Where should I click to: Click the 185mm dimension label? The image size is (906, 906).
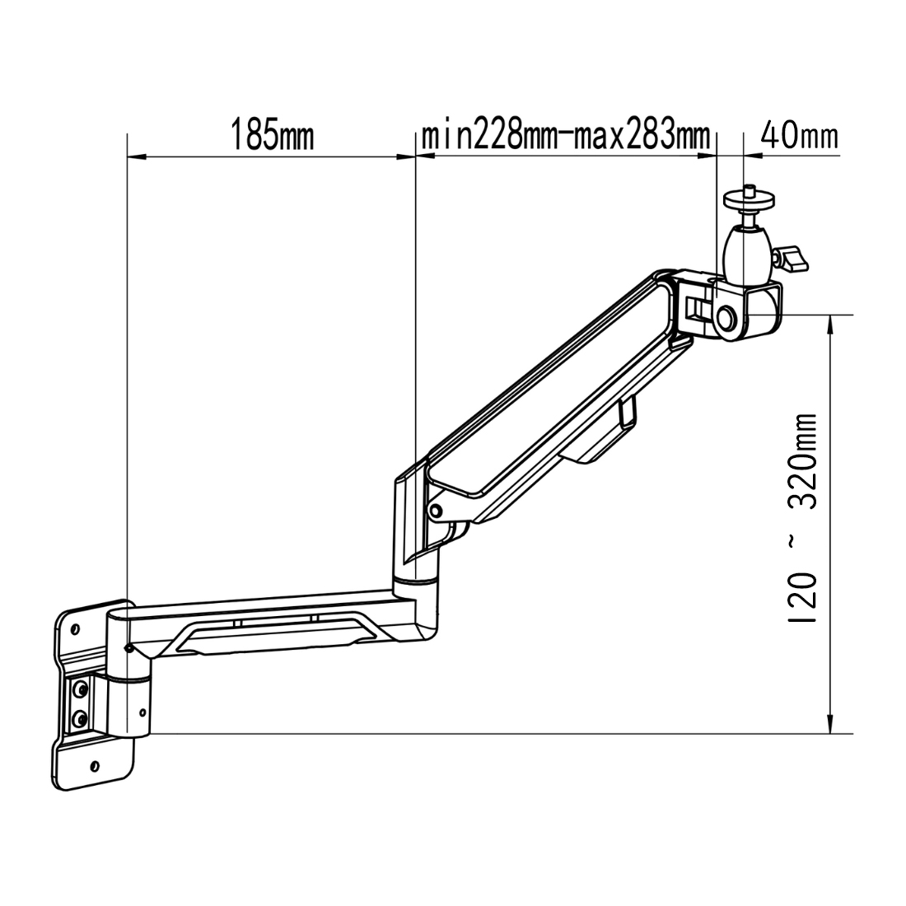271,134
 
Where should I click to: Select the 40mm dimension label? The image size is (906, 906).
797,134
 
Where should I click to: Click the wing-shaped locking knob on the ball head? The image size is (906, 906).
792,259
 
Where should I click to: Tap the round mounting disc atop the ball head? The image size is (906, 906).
750,200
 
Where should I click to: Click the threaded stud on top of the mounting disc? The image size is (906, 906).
750,189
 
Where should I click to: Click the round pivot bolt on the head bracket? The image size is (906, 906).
727,317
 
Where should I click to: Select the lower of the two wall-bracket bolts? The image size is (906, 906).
80,719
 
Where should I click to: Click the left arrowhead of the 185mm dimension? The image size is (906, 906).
134,156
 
